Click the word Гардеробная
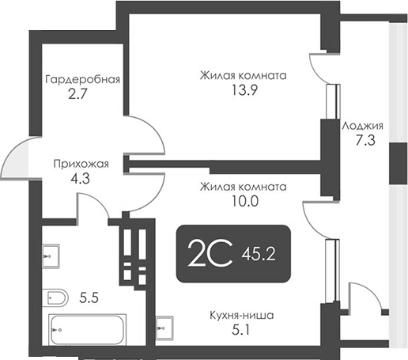82,79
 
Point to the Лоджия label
363,126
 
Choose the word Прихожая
80,165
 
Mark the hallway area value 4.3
80,179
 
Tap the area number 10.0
242,201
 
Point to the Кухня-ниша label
242,315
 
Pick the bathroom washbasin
47,255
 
